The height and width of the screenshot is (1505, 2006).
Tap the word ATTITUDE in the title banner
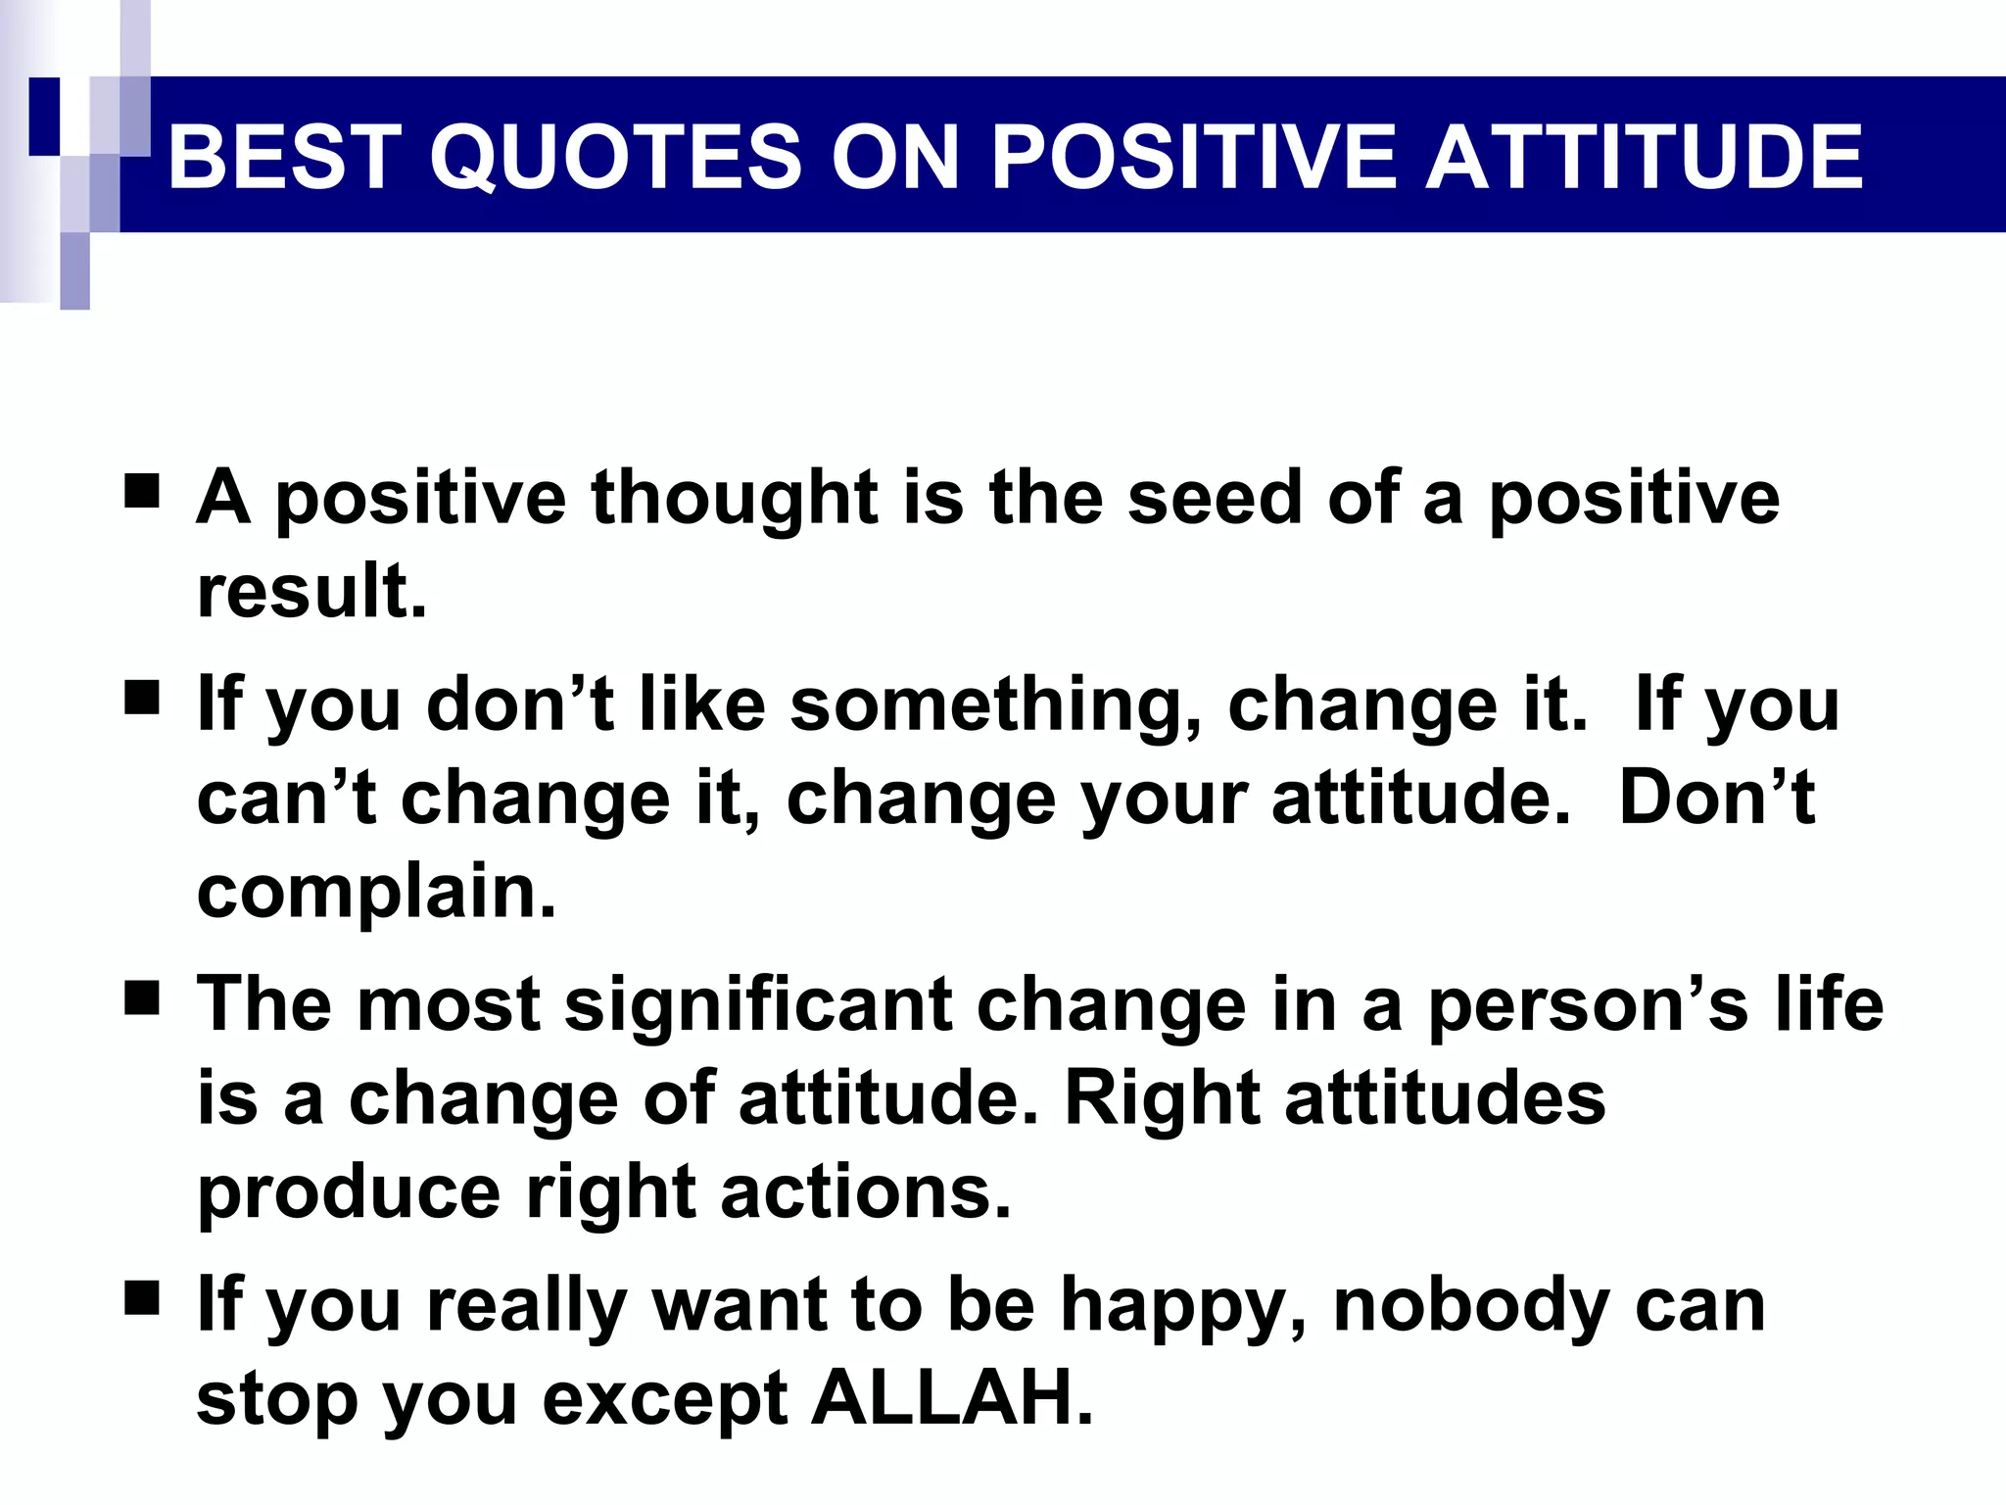(1643, 157)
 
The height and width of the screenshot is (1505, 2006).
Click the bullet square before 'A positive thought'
(142, 490)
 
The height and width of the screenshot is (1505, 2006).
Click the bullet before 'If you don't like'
(142, 699)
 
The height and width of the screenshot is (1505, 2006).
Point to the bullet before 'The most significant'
(142, 999)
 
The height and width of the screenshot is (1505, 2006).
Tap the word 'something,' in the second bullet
(995, 705)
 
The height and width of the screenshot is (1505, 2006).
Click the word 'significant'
(758, 1006)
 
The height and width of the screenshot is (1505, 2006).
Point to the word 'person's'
(1587, 1006)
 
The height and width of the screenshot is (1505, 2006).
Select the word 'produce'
(349, 1193)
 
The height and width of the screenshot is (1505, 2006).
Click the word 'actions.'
(866, 1193)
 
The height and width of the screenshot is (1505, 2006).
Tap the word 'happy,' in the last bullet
(1184, 1308)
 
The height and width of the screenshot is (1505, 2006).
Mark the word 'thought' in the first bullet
(735, 498)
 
